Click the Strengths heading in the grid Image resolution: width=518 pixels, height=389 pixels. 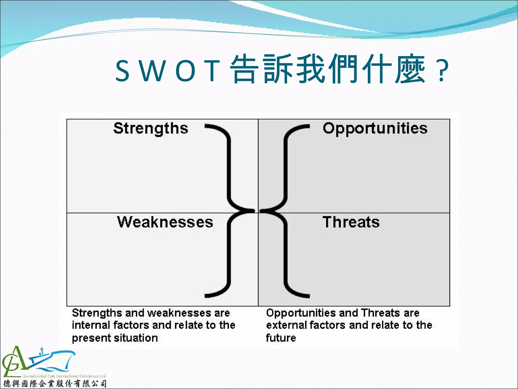tap(151, 128)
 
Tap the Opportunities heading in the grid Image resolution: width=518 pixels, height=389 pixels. tap(375, 128)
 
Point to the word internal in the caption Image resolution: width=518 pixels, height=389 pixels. tap(91, 325)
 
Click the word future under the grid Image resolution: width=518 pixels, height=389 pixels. tap(281, 338)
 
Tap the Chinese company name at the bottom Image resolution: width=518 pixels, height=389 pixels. tap(55, 384)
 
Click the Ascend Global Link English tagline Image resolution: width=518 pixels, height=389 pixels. tap(64, 376)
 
